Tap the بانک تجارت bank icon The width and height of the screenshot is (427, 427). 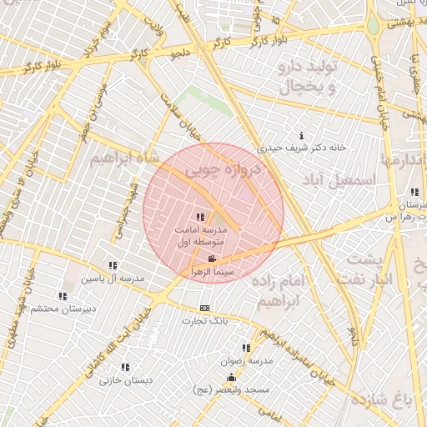coord(206,308)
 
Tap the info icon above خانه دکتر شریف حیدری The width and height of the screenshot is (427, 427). coord(301,135)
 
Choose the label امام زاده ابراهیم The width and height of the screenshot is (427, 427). coord(291,292)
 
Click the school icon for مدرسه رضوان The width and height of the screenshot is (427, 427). coord(246,348)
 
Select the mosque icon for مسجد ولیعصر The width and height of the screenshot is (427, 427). coord(232,377)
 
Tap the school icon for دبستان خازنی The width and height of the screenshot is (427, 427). coord(125,367)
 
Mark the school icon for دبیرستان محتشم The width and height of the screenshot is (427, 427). coord(63,296)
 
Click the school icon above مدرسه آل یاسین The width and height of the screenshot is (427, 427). coord(113,265)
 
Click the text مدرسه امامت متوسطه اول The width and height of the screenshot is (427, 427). coord(205,234)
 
